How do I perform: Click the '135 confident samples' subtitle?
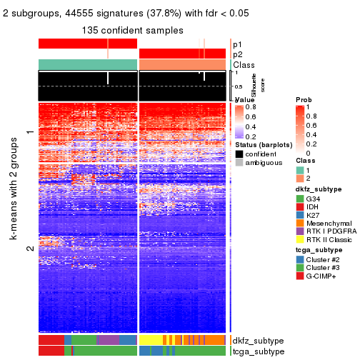click(134, 30)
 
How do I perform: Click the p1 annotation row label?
click(238, 44)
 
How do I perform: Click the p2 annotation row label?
click(238, 54)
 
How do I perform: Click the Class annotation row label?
click(244, 65)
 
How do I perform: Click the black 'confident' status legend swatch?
click(239, 154)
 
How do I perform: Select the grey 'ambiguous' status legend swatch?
click(239, 164)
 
